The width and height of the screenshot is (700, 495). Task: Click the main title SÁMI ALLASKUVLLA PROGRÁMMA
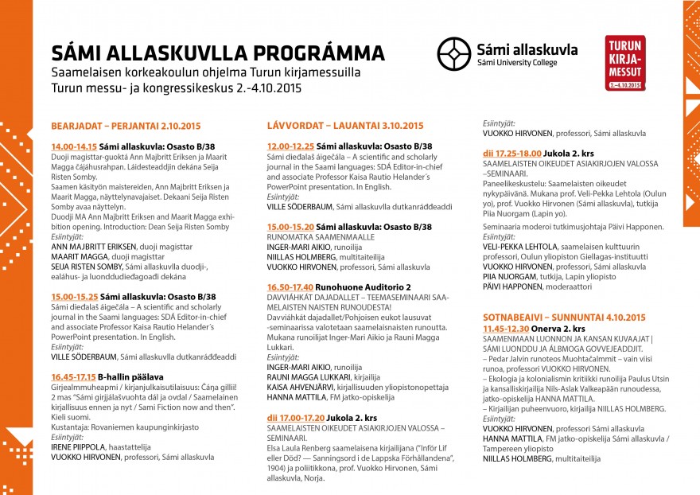218,53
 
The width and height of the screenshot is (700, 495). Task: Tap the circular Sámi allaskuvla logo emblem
453,53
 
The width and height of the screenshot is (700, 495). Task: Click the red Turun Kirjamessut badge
625,62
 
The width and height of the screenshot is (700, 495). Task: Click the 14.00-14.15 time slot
73,147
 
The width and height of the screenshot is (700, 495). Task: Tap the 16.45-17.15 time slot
73,376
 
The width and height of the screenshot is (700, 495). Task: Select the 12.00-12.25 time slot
290,147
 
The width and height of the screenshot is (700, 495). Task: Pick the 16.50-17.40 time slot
290,286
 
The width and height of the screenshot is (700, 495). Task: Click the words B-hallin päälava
131,376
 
